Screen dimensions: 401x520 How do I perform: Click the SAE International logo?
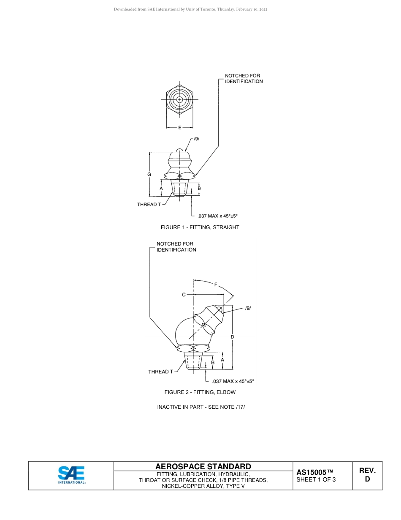[71, 475]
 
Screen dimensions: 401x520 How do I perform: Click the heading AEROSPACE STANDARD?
[203, 466]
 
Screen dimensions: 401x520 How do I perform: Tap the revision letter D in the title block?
[367, 479]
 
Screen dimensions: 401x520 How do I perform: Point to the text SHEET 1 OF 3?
[316, 479]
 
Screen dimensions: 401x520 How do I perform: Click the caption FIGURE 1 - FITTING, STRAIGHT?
[200, 227]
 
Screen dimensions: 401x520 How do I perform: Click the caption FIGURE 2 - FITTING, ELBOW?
[200, 392]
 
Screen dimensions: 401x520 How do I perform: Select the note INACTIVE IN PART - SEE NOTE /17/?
[201, 407]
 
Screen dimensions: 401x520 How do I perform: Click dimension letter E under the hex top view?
[180, 128]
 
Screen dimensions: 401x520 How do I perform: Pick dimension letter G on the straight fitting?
[149, 175]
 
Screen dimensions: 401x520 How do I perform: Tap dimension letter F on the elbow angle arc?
[216, 285]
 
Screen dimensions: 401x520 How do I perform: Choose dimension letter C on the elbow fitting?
[184, 295]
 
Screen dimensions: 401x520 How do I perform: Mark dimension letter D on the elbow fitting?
[233, 337]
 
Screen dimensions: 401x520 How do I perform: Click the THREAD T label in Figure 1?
[149, 205]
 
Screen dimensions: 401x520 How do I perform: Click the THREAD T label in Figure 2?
[160, 372]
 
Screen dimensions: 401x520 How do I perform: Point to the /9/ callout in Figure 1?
[196, 139]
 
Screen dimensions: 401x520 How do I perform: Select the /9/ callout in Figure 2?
[248, 308]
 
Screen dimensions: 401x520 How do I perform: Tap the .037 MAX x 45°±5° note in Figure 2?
[233, 381]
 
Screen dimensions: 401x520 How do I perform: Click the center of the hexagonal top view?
[180, 100]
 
